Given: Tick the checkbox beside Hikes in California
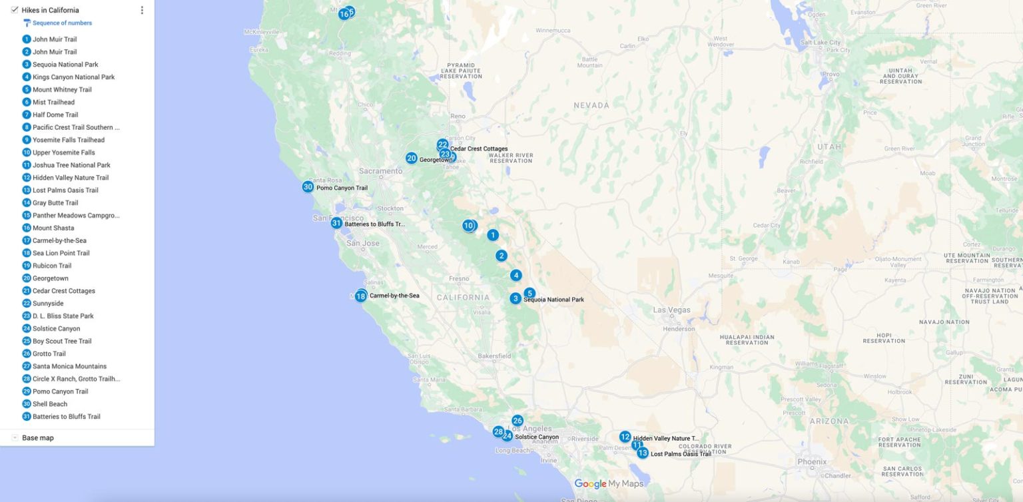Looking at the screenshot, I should pyautogui.click(x=15, y=10).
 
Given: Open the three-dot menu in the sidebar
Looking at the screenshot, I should pyautogui.click(x=142, y=10).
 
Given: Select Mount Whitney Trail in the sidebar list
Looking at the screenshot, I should pyautogui.click(x=62, y=90).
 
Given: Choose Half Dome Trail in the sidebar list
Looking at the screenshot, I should pyautogui.click(x=55, y=115).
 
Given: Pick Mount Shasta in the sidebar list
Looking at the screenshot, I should pyautogui.click(x=53, y=228).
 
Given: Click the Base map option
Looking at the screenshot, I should pyautogui.click(x=37, y=438).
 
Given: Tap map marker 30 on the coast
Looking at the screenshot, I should pyautogui.click(x=308, y=187).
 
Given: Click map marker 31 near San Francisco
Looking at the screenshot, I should pyautogui.click(x=336, y=223).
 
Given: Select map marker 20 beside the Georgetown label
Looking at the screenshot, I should pyautogui.click(x=412, y=158).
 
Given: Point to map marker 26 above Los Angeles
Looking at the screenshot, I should pyautogui.click(x=517, y=421).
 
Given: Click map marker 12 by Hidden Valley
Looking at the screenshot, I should pyautogui.click(x=625, y=437).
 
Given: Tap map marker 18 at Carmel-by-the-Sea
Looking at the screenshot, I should pyautogui.click(x=360, y=296).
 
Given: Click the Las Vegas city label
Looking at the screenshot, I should pyautogui.click(x=672, y=310).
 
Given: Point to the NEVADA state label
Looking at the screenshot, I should pyautogui.click(x=591, y=105).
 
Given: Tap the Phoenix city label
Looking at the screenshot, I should pyautogui.click(x=812, y=461).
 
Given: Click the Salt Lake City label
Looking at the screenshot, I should pyautogui.click(x=821, y=42).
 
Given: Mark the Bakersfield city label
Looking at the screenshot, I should pyautogui.click(x=494, y=356).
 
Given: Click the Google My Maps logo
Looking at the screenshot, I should pyautogui.click(x=609, y=484).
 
